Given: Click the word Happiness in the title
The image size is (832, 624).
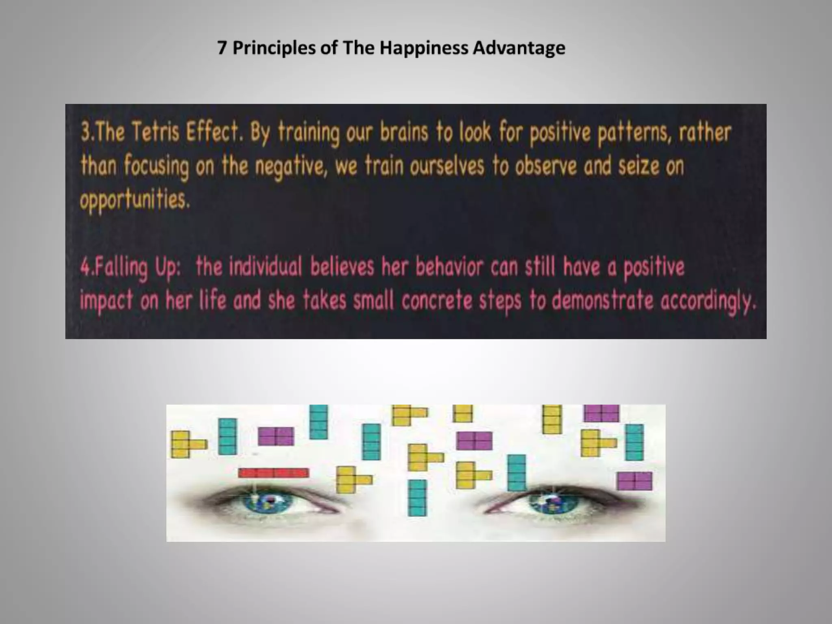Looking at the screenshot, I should (x=425, y=48).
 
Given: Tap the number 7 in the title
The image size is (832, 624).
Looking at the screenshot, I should (x=221, y=48).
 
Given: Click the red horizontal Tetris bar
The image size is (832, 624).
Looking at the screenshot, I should (x=273, y=473).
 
